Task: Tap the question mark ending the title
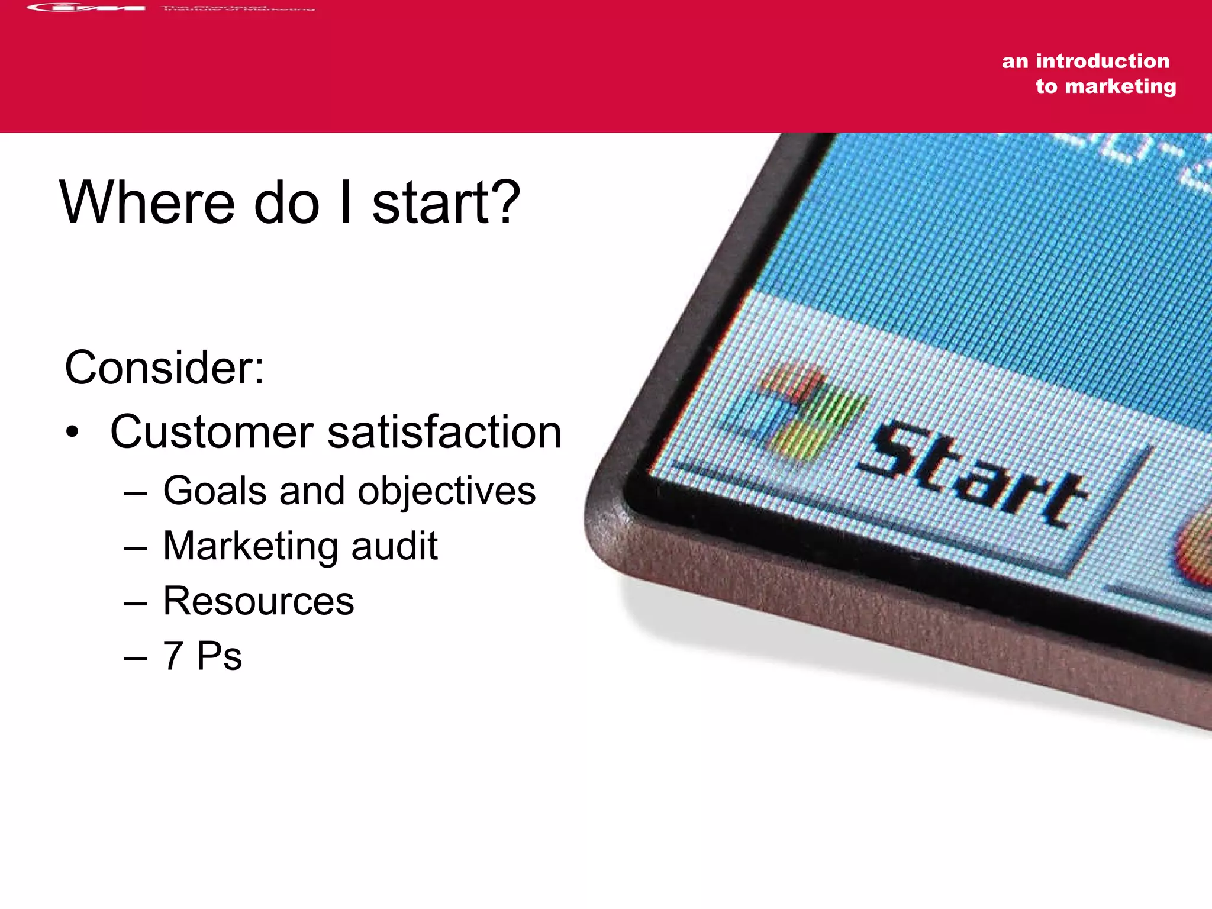pos(505,202)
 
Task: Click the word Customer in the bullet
pos(211,432)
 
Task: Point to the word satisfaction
pos(444,432)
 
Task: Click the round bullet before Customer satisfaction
pos(72,433)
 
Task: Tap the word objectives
pos(447,491)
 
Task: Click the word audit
pos(395,546)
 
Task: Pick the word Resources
pos(259,601)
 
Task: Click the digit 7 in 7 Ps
pos(173,656)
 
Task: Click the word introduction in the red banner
pos(1103,61)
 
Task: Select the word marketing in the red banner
pos(1120,86)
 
